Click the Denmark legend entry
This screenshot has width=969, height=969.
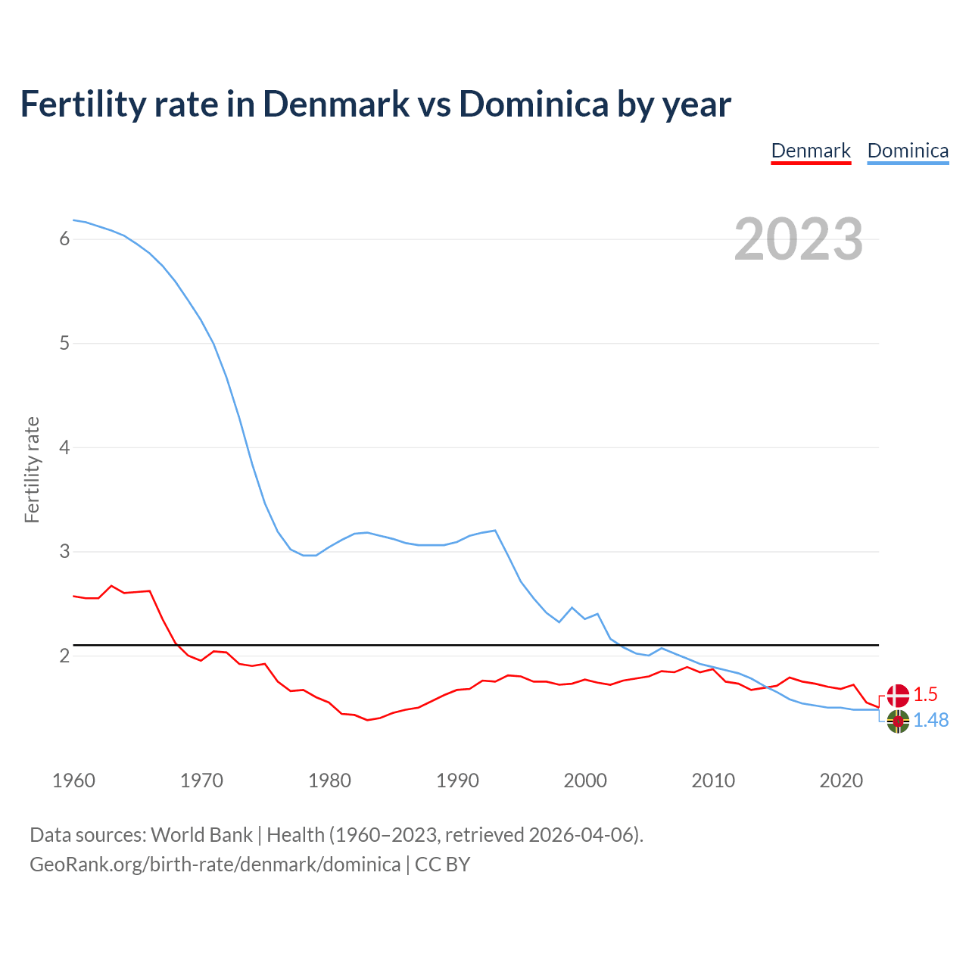point(811,151)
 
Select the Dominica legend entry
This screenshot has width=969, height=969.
point(908,151)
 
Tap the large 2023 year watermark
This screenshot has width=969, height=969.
point(799,239)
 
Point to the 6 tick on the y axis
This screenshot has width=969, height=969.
point(64,239)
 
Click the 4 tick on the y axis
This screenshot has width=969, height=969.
point(64,447)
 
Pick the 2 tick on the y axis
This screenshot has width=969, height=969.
point(64,656)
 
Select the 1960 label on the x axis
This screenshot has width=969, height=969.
point(73,780)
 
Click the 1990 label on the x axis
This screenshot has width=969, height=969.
point(457,780)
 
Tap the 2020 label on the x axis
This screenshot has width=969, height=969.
point(841,780)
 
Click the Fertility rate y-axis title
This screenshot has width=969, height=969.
point(32,469)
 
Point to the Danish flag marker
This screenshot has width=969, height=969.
point(898,695)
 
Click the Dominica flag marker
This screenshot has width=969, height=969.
point(898,721)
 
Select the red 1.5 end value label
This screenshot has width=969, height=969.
point(925,694)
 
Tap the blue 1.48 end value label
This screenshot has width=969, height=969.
point(930,720)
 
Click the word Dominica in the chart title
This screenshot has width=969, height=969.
point(533,104)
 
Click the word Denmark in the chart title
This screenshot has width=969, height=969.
point(336,104)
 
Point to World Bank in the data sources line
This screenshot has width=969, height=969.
point(201,835)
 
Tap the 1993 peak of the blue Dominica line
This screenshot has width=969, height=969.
point(495,530)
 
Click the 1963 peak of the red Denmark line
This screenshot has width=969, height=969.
point(111,585)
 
